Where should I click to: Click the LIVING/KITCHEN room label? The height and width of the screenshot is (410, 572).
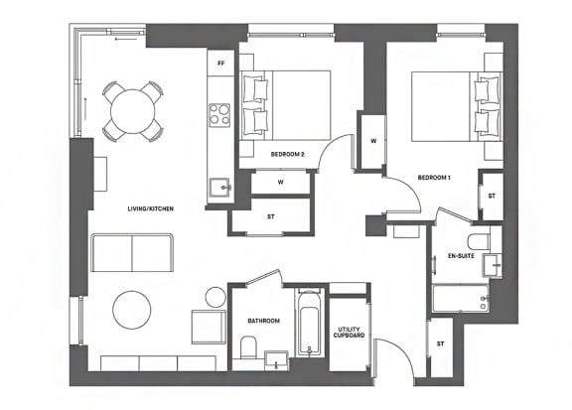pyautogui.click(x=150, y=208)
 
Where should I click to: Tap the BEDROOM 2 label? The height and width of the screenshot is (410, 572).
pyautogui.click(x=287, y=154)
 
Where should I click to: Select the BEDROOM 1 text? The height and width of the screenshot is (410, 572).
pyautogui.click(x=434, y=178)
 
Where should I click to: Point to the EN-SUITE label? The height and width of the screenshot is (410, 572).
pyautogui.click(x=461, y=256)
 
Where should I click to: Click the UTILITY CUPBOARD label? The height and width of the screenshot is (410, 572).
pyautogui.click(x=350, y=332)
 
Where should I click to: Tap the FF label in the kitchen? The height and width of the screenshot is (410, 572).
pyautogui.click(x=220, y=64)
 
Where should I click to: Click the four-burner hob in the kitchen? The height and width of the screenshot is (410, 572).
pyautogui.click(x=219, y=115)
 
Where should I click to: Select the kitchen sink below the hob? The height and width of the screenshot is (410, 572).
pyautogui.click(x=220, y=188)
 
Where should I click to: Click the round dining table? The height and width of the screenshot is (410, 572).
pyautogui.click(x=133, y=111)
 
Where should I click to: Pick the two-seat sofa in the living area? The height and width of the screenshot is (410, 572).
pyautogui.click(x=132, y=253)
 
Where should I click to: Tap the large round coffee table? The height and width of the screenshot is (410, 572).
pyautogui.click(x=132, y=310)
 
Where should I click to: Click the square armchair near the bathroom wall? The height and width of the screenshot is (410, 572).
pyautogui.click(x=209, y=327)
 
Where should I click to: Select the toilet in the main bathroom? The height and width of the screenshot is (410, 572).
pyautogui.click(x=249, y=346)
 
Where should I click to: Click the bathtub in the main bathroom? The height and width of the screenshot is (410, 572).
pyautogui.click(x=310, y=323)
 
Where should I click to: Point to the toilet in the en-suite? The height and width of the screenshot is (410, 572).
pyautogui.click(x=479, y=242)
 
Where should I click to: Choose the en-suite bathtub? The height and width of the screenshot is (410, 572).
pyautogui.click(x=461, y=298)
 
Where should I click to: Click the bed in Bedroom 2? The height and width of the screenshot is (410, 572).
pyautogui.click(x=286, y=105)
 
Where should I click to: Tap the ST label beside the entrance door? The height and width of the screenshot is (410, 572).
pyautogui.click(x=441, y=343)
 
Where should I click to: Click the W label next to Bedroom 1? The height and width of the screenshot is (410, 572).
pyautogui.click(x=373, y=141)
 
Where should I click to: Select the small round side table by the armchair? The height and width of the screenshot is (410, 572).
pyautogui.click(x=215, y=297)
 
